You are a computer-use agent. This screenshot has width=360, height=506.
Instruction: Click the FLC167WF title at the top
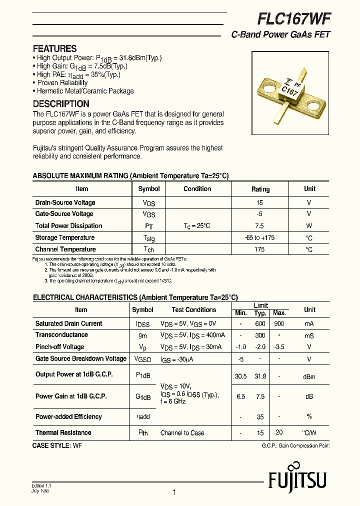(293, 19)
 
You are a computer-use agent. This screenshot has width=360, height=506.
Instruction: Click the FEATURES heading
(54, 48)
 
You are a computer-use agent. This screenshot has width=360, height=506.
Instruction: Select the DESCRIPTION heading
(61, 104)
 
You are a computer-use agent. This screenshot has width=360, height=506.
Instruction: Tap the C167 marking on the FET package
(289, 91)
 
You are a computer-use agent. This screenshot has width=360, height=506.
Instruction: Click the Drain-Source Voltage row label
(65, 202)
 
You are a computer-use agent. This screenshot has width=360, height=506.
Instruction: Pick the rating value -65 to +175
(260, 237)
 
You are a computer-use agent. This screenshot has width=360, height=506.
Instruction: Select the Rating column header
(260, 189)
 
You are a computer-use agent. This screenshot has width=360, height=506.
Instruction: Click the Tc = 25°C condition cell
(197, 225)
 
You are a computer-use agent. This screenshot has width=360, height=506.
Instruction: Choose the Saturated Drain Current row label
(68, 323)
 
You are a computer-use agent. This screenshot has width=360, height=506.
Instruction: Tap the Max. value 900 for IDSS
(279, 323)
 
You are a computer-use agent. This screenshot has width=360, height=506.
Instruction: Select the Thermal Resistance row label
(63, 432)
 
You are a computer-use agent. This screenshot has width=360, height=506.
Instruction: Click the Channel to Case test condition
(182, 433)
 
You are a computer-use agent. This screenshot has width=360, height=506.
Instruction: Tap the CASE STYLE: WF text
(57, 445)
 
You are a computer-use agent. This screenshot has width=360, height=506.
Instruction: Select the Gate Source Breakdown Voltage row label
(80, 358)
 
